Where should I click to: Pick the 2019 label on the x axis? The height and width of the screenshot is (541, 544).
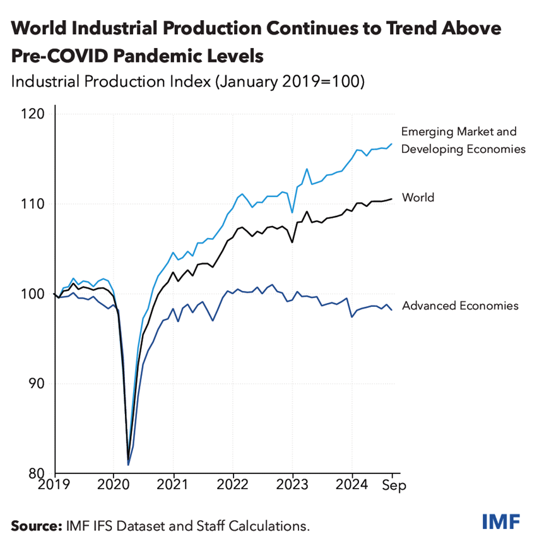click(55, 486)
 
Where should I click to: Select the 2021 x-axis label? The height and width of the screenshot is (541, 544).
click(174, 486)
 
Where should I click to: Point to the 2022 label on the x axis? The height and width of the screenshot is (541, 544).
click(233, 486)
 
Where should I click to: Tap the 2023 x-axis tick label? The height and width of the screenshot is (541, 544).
click(292, 486)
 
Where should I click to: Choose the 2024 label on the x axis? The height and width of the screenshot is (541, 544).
click(352, 486)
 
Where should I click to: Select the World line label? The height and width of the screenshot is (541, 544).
click(418, 198)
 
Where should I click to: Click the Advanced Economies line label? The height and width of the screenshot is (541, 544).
click(460, 306)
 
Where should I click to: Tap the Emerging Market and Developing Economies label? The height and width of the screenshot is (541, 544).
click(463, 140)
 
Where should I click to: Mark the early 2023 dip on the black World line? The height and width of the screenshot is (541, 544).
click(292, 242)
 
